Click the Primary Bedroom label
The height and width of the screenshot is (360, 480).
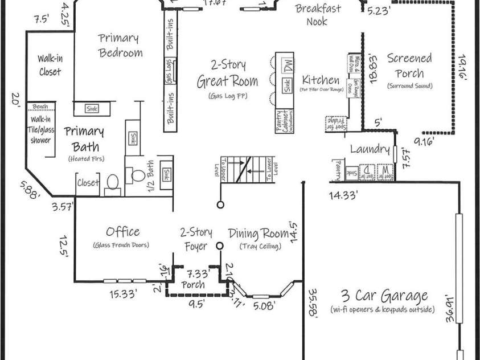pos(120,46)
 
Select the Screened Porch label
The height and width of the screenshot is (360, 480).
pos(409,66)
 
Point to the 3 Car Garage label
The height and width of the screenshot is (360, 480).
pos(384,296)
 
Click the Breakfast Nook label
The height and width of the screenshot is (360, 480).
pos(318,15)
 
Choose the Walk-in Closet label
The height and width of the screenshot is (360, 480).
pos(50,65)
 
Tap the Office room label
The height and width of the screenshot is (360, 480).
pos(122,231)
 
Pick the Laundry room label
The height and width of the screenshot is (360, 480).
pos(369,150)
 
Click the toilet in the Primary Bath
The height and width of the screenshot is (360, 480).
pos(112,182)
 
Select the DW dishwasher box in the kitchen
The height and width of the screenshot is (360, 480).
pos(289,64)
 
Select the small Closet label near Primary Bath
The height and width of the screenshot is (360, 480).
pos(88,183)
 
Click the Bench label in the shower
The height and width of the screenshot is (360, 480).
pos(40,107)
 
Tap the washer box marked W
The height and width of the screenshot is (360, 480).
pos(384,170)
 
